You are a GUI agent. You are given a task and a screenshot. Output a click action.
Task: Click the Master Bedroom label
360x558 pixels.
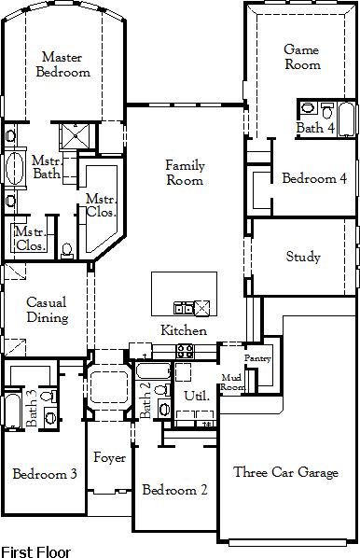coord(63,64)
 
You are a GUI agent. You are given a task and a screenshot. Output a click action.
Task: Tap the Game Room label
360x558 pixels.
coord(302,57)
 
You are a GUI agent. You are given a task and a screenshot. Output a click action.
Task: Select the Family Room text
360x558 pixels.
coord(185,173)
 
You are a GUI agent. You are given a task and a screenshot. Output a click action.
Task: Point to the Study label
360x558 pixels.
coord(303,257)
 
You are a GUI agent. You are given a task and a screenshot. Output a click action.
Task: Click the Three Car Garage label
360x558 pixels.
coord(285,472)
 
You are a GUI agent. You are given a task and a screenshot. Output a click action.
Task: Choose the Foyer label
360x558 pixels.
coord(109,457)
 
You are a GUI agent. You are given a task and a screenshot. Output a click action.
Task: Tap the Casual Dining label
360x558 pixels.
coord(48,310)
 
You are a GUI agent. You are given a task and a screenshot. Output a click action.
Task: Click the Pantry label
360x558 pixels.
coord(258,358)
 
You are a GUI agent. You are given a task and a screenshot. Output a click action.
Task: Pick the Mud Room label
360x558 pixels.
coord(232,382)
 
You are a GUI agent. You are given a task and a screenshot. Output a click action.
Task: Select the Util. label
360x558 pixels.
coord(197,396)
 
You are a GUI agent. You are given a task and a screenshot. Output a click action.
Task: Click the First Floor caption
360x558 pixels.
coord(36,552)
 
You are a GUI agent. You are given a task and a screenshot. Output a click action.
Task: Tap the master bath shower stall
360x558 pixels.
coord(75,135)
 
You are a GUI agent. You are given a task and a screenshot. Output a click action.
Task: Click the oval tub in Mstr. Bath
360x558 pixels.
coord(15,169)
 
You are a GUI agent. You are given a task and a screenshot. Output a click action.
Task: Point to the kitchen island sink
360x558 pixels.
coord(184,308)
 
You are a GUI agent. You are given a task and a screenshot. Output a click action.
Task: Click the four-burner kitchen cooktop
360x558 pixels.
coord(186,351)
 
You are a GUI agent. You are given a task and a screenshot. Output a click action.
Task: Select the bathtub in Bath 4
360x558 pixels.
coord(346,119)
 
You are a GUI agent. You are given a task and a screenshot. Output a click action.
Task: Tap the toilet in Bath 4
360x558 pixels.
coord(327,110)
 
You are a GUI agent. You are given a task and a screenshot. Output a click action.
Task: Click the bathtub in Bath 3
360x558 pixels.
coord(12,410)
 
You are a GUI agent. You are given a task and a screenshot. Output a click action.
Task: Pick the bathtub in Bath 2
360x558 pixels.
coord(153,371)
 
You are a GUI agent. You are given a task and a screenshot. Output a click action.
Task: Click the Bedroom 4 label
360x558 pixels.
coord(314,178)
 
